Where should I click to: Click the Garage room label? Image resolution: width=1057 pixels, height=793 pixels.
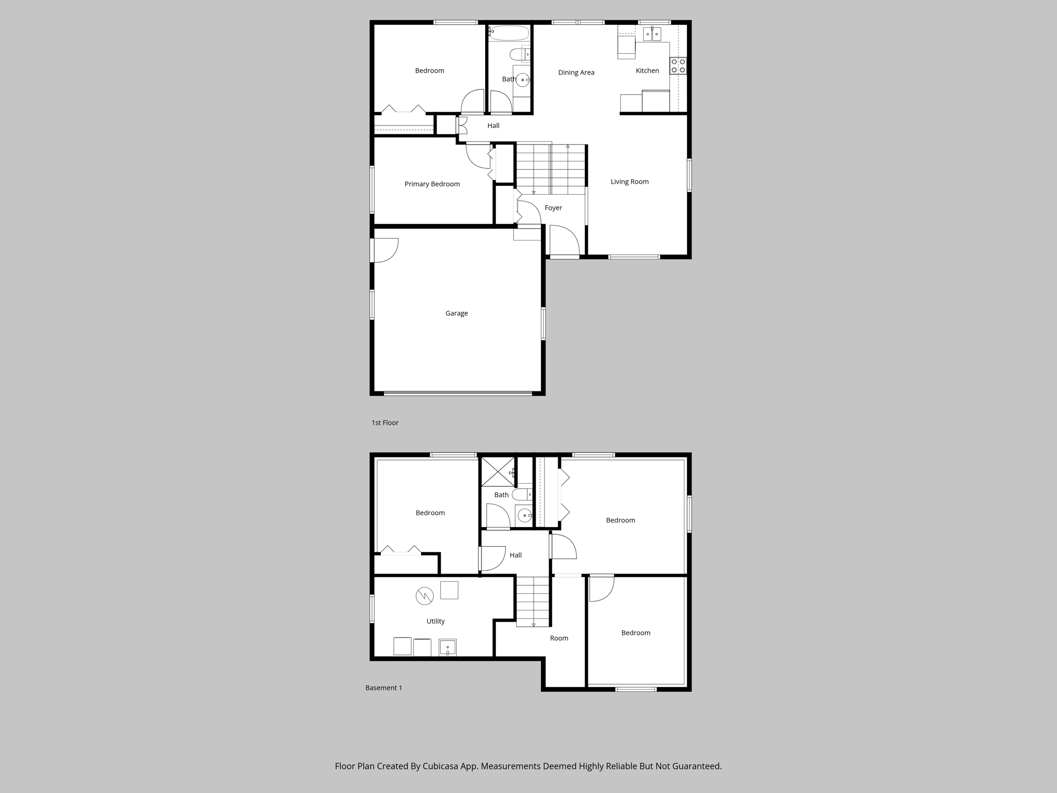pyautogui.click(x=456, y=313)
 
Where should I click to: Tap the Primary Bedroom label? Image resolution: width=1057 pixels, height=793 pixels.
pyautogui.click(x=432, y=184)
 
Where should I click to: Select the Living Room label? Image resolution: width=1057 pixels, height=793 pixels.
pyautogui.click(x=629, y=182)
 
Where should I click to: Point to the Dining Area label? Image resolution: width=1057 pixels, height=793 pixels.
pyautogui.click(x=576, y=73)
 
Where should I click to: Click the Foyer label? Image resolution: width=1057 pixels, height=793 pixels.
pyautogui.click(x=553, y=208)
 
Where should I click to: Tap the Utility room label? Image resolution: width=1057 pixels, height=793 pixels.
pyautogui.click(x=435, y=622)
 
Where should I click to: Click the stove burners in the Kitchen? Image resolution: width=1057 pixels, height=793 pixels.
pyautogui.click(x=678, y=66)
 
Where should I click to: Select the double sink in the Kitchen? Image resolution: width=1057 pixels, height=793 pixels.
pyautogui.click(x=652, y=34)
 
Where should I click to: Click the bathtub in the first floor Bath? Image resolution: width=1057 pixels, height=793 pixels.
pyautogui.click(x=509, y=33)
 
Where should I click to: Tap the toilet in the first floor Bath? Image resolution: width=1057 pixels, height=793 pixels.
pyautogui.click(x=518, y=54)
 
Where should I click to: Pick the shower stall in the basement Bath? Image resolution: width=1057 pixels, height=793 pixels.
pyautogui.click(x=498, y=471)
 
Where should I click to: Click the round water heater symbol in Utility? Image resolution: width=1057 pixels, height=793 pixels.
pyautogui.click(x=424, y=596)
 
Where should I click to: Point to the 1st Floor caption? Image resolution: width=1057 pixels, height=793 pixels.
pyautogui.click(x=385, y=423)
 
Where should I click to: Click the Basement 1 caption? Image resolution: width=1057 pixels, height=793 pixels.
pyautogui.click(x=383, y=688)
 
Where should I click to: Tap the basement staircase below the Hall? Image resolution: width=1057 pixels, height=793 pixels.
pyautogui.click(x=533, y=601)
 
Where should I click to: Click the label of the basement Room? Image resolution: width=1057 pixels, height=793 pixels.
pyautogui.click(x=559, y=639)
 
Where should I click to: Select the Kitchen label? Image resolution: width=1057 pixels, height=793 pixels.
pyautogui.click(x=647, y=71)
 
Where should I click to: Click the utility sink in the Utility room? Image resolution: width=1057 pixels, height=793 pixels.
pyautogui.click(x=447, y=647)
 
